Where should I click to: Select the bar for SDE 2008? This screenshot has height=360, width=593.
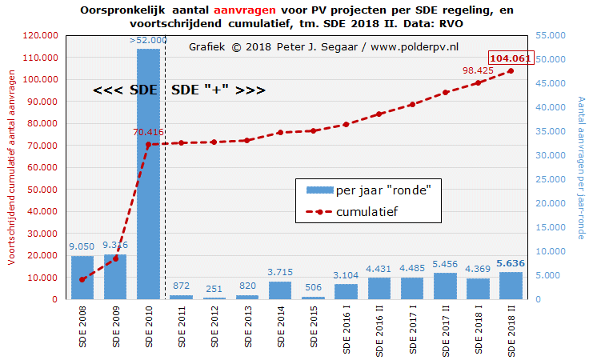82,277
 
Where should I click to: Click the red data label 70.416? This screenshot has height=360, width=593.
148,133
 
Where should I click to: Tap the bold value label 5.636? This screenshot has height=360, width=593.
511,263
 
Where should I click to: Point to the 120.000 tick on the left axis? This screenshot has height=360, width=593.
38,36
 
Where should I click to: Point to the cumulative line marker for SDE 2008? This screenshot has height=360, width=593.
82,279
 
